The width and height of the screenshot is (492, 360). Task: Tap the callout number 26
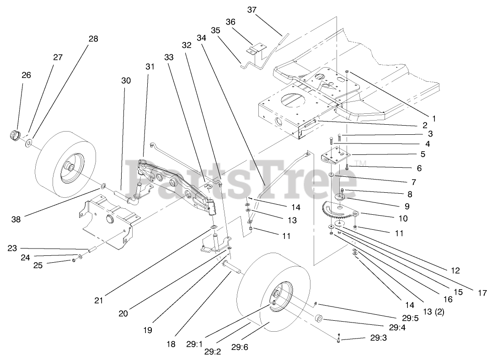26,75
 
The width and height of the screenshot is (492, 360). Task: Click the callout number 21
99,300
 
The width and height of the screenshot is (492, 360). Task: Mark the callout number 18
171,344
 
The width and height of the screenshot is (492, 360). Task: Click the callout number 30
126,80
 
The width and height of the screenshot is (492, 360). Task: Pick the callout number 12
455,270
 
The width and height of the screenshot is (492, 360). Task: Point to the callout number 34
202,38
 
